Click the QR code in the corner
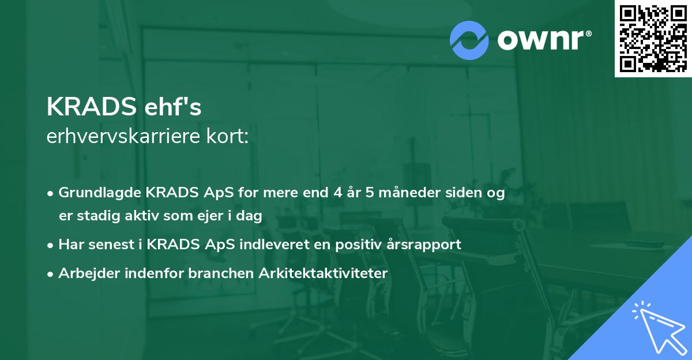653,39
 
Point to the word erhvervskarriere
126,137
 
